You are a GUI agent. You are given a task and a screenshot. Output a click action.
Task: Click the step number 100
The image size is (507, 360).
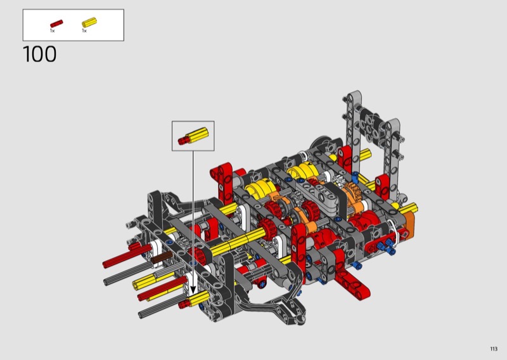click(40, 54)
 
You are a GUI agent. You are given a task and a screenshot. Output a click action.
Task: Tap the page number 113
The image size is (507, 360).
click(494, 349)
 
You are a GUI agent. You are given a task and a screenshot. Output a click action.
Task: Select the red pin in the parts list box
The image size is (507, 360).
click(56, 23)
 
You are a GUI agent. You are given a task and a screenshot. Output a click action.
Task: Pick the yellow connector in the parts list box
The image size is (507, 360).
click(89, 22)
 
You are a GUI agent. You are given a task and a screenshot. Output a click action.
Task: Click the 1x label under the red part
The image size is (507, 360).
click(53, 30)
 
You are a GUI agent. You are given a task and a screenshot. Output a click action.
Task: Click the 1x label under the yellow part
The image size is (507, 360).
click(84, 30)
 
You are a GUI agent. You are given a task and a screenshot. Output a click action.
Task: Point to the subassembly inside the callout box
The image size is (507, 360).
click(193, 136)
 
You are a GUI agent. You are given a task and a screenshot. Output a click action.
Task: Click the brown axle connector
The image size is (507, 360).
click(162, 258)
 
